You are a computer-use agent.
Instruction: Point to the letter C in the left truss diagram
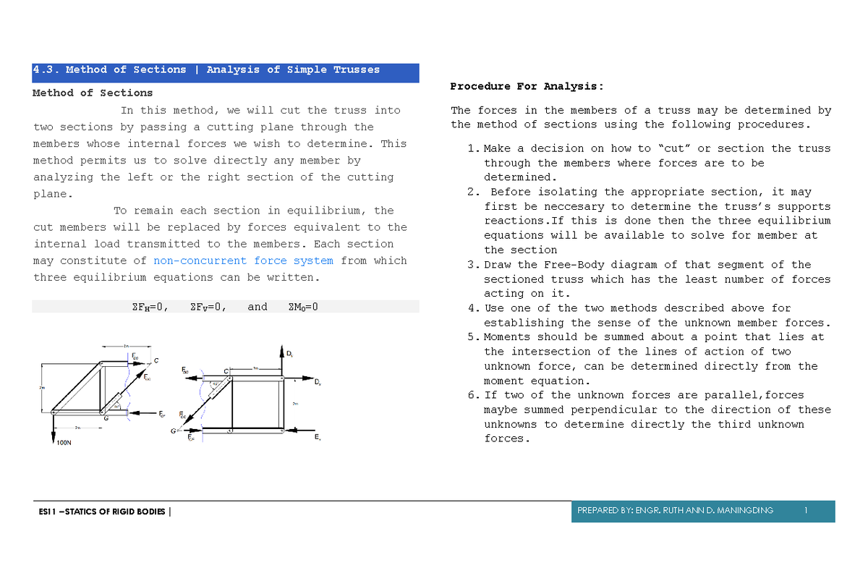156,360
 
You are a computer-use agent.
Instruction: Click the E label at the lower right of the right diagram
318,438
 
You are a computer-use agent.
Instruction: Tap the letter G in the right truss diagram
173,432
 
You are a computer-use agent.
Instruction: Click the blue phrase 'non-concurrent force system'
244,260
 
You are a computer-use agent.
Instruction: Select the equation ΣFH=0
148,307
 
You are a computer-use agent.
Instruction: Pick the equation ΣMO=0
302,307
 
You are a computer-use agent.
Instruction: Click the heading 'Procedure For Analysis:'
526,86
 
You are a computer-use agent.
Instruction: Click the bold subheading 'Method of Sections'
93,93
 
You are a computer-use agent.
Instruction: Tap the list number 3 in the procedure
472,265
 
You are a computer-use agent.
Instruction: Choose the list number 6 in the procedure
472,395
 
